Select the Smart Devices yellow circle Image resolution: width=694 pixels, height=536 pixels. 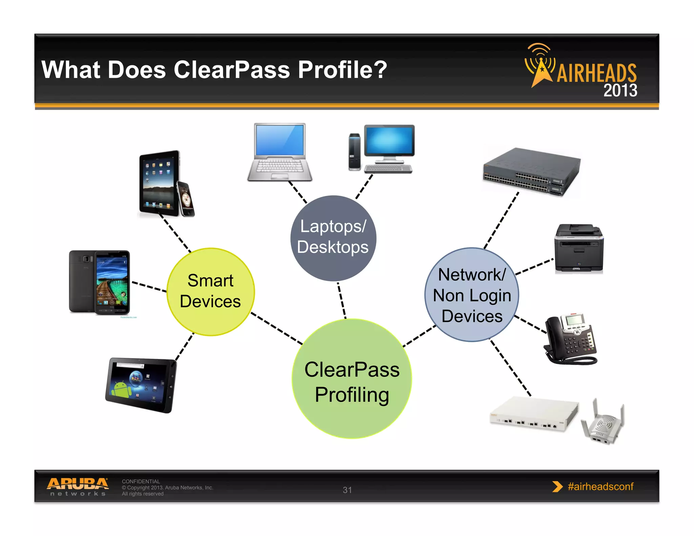pos(210,292)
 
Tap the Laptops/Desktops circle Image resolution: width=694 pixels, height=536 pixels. pos(333,238)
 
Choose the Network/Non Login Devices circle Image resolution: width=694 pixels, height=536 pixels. pos(472,294)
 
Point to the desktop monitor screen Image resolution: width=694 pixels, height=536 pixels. pos(389,140)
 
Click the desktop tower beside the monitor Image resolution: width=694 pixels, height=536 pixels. pos(354,151)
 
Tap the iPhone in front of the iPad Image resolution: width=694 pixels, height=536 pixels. pos(186,199)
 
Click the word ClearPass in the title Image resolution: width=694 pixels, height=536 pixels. pos(232,70)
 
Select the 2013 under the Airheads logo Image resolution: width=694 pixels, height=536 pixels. pos(620,90)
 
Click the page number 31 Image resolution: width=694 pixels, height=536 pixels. pos(347,490)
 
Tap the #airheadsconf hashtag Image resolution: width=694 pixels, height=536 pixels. pos(600,487)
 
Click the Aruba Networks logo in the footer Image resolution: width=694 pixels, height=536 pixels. pos(78,487)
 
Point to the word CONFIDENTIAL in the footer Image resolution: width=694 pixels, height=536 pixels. pos(141,481)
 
